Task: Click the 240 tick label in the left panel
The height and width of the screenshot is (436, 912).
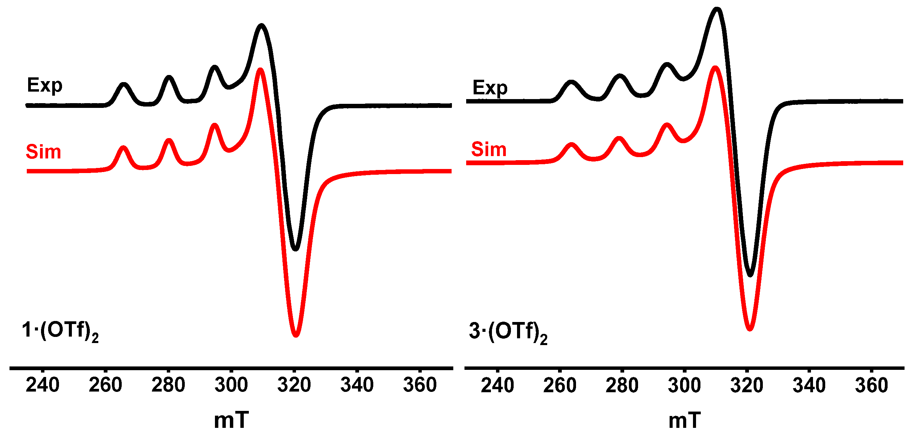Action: (x=42, y=385)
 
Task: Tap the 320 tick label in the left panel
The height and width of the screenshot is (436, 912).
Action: (x=294, y=385)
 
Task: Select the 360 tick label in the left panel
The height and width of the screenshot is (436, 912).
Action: (x=420, y=385)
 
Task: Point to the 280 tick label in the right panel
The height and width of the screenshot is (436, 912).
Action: (x=622, y=385)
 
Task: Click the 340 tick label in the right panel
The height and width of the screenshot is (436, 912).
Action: (x=809, y=385)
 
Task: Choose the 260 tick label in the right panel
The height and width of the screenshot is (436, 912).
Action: (x=560, y=385)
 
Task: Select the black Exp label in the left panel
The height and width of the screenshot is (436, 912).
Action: (x=45, y=86)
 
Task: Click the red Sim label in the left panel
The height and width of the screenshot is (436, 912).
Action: (x=43, y=152)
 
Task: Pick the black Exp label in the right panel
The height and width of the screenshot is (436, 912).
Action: (x=490, y=88)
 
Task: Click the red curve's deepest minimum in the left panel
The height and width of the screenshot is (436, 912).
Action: (x=296, y=335)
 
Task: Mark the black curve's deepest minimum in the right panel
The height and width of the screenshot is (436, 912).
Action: (x=750, y=274)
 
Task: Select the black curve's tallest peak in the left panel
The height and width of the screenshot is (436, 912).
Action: (x=261, y=25)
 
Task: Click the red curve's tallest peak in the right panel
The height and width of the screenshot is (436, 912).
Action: (x=715, y=68)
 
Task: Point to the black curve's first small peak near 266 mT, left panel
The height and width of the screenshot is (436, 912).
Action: (x=123, y=84)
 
